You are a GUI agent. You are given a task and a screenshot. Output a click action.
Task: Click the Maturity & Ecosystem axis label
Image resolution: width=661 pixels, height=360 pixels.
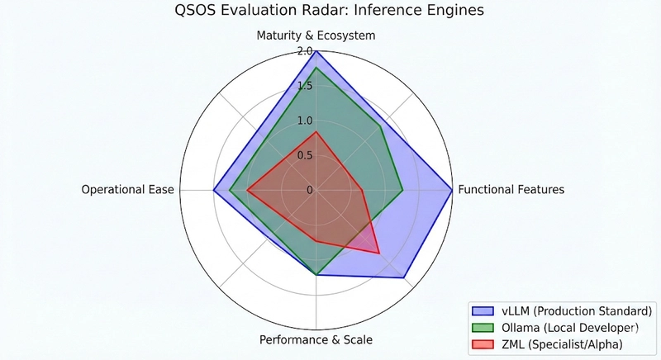tap(316, 36)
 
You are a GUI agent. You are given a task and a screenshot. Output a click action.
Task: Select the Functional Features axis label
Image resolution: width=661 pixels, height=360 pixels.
tap(511, 189)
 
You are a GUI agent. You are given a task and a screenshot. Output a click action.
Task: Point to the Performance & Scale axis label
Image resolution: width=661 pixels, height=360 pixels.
tap(316, 339)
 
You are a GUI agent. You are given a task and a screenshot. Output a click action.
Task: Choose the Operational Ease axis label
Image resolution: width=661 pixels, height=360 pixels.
tap(128, 189)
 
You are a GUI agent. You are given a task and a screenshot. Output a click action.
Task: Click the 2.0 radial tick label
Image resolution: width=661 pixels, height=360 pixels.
tap(305, 51)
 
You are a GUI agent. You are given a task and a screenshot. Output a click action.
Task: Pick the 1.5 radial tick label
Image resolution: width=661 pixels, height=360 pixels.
tap(305, 86)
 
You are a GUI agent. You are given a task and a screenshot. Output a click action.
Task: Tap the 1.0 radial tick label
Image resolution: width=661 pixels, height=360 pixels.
tap(305, 121)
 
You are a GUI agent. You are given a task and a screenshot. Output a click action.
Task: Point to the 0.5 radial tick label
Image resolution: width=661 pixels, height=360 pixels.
tap(305, 155)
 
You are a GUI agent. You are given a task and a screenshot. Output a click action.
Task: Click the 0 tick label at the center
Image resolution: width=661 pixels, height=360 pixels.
tap(310, 190)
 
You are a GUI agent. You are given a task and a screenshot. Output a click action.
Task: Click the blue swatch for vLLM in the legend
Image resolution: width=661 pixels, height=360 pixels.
tap(482, 311)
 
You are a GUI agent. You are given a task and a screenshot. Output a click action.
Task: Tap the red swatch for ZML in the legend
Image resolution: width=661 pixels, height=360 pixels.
tap(482, 343)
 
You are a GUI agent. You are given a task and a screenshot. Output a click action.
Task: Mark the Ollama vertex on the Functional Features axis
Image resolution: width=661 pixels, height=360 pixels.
tap(402, 190)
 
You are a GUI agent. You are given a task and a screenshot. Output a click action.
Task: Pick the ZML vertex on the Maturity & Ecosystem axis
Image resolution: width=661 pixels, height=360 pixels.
tap(316, 131)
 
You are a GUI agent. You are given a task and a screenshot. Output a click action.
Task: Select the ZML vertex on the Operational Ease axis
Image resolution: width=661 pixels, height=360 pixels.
tap(247, 190)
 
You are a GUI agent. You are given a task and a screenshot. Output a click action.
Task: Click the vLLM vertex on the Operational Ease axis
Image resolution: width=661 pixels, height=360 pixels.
tap(214, 190)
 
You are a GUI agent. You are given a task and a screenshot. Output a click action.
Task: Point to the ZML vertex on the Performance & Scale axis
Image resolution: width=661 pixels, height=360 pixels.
tap(316, 241)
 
